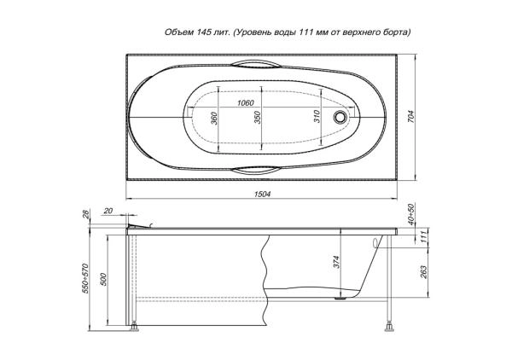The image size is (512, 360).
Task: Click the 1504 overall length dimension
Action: (262, 194)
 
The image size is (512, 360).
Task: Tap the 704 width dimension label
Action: (411, 117)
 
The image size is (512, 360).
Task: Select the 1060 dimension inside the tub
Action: (245, 103)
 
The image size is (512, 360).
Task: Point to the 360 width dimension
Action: (214, 118)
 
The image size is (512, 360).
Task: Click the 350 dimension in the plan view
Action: (258, 118)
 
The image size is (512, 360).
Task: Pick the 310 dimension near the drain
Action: (317, 117)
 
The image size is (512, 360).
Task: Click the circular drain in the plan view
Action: (340, 117)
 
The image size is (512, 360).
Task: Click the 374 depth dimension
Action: (337, 262)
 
